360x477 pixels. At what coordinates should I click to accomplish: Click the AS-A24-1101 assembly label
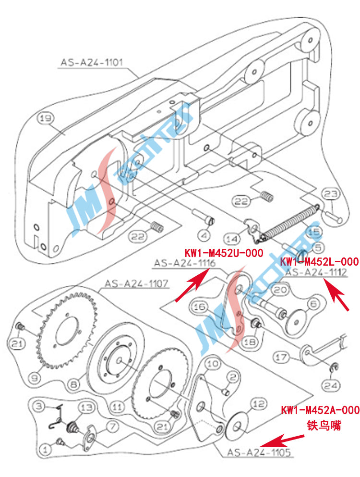92,62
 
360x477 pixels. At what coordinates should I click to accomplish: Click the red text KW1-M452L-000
319,262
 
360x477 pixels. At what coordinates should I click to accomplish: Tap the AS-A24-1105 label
259,452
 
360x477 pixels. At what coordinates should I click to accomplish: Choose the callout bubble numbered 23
330,195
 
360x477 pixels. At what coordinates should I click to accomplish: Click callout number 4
204,235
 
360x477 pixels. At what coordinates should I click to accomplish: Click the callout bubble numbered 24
333,385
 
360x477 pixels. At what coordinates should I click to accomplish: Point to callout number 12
258,404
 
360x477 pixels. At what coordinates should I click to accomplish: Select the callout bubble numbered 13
86,408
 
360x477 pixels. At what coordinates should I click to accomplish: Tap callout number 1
46,450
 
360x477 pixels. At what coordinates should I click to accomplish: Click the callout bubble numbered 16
200,306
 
